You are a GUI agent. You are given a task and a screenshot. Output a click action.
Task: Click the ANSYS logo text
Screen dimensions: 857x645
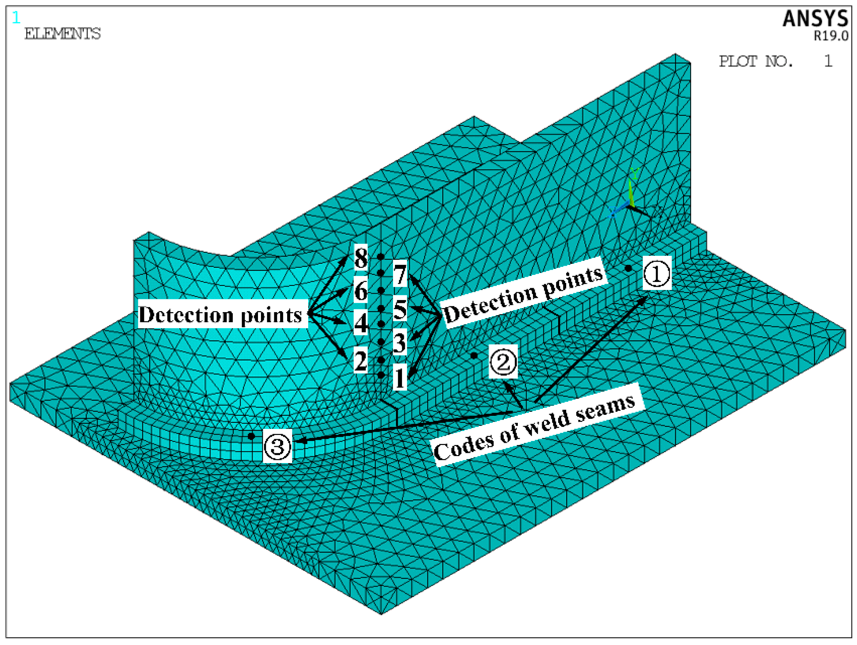tap(815, 18)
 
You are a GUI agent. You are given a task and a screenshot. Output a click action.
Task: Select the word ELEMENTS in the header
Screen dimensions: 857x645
tap(62, 34)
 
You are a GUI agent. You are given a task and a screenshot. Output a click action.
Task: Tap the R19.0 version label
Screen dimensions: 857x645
tap(831, 36)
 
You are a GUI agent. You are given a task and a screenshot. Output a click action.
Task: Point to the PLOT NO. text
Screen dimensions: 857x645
tap(756, 61)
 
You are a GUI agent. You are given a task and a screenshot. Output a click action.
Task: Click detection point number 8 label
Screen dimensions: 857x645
tap(361, 258)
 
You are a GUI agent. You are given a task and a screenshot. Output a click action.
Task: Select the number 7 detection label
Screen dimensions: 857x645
tap(400, 274)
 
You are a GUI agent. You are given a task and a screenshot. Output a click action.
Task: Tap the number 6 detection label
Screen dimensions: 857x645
tap(361, 291)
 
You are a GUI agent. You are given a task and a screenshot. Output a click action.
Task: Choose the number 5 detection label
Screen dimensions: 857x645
tap(400, 309)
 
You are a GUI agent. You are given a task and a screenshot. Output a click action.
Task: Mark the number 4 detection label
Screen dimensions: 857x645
tap(361, 324)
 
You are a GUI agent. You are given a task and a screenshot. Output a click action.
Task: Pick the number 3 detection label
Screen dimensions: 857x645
tap(400, 342)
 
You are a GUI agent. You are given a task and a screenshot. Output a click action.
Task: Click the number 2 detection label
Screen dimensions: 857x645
tap(361, 360)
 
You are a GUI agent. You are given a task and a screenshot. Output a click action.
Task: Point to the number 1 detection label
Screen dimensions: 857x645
tap(400, 377)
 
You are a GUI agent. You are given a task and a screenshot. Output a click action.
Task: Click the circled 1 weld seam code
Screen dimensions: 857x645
tap(657, 273)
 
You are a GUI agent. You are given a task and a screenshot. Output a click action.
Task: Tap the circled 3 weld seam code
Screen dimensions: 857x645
tap(277, 446)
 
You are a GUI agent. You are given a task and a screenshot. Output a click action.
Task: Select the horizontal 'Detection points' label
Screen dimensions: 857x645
tap(221, 314)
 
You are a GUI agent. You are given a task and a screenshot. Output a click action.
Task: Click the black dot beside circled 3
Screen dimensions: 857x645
tap(251, 436)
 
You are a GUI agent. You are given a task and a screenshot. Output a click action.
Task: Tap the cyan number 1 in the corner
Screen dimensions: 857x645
tap(16, 18)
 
